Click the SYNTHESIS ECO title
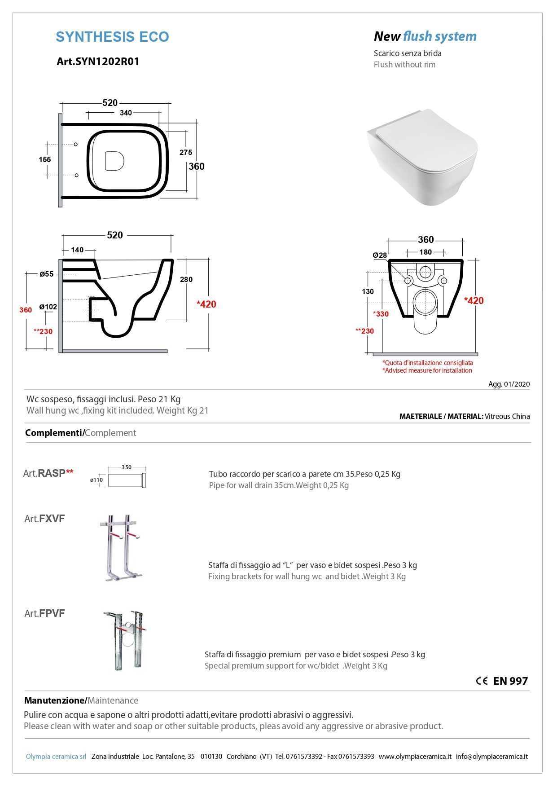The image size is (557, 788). (x=112, y=37)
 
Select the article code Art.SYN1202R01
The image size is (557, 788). (x=98, y=62)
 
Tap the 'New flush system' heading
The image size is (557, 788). (x=425, y=36)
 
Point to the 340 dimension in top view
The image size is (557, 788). (x=126, y=113)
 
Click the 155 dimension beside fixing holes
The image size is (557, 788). (x=45, y=159)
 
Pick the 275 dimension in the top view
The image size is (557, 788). (x=186, y=152)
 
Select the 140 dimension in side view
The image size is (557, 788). (x=77, y=250)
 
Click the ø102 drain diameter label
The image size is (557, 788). (x=48, y=307)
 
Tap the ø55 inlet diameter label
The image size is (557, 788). (x=46, y=274)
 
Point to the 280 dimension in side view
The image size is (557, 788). (x=186, y=279)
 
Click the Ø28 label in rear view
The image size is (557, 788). (x=380, y=255)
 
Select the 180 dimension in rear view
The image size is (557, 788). (x=425, y=252)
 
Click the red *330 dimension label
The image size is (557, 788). (x=381, y=314)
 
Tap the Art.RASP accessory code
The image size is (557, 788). (x=48, y=473)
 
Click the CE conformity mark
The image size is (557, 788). (x=482, y=681)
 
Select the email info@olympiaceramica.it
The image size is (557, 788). (x=491, y=757)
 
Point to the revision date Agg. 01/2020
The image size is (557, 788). (x=509, y=384)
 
